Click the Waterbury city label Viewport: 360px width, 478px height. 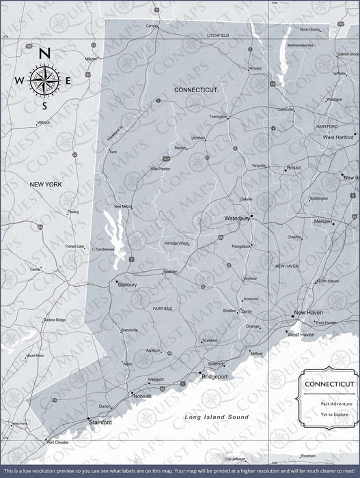(x=236, y=219)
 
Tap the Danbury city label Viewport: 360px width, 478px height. (x=128, y=285)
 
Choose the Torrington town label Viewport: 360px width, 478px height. (x=218, y=117)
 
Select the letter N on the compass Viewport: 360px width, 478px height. (x=44, y=54)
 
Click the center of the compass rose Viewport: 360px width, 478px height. (x=44, y=80)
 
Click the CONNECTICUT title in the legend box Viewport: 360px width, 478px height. (x=324, y=384)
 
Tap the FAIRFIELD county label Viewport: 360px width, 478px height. (x=163, y=309)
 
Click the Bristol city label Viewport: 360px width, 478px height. (x=294, y=167)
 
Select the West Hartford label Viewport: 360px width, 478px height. (x=338, y=137)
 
